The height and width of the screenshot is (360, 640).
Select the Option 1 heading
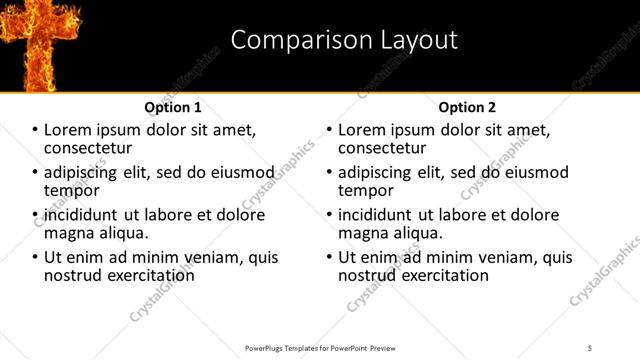pyautogui.click(x=173, y=106)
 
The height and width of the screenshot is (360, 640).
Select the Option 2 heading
pyautogui.click(x=467, y=106)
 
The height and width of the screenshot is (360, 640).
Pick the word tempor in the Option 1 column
pyautogui.click(x=71, y=190)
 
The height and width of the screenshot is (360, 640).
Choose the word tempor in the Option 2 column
pyautogui.click(x=366, y=190)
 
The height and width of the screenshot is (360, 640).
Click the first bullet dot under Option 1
pyautogui.click(x=35, y=130)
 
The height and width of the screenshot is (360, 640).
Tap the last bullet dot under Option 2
pyautogui.click(x=329, y=257)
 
